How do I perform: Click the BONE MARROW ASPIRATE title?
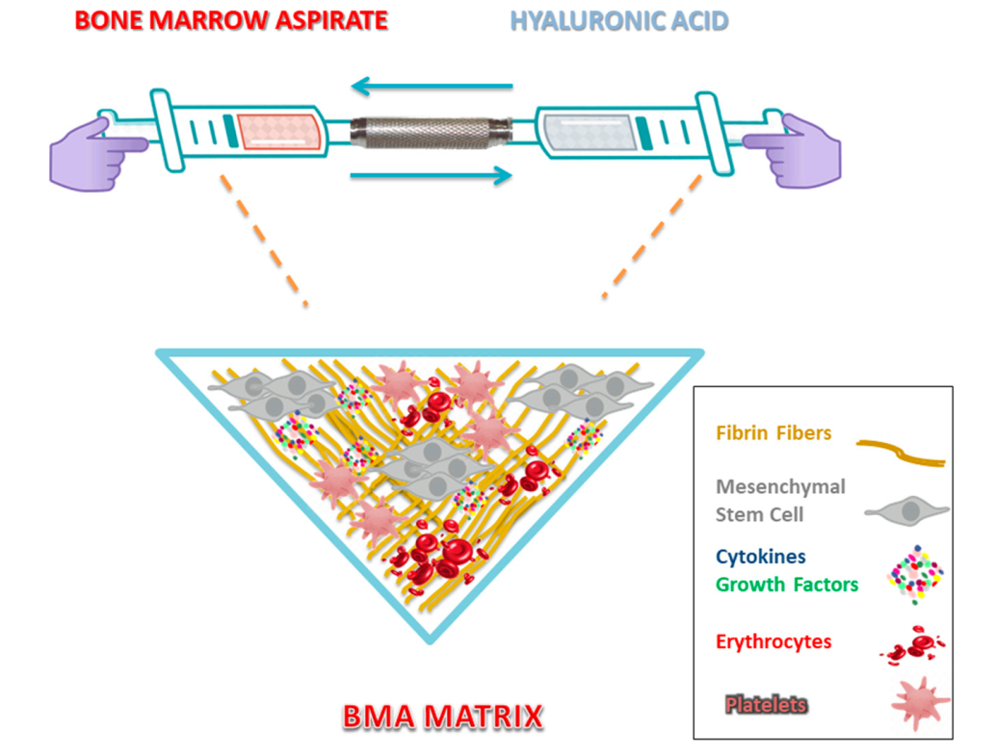[231, 21]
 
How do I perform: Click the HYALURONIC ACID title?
[619, 21]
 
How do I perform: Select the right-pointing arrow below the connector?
[431, 175]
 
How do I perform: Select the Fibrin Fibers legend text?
[773, 433]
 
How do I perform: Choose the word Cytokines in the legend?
[761, 557]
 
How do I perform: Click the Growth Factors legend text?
[787, 584]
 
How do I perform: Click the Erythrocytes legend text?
[773, 641]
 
